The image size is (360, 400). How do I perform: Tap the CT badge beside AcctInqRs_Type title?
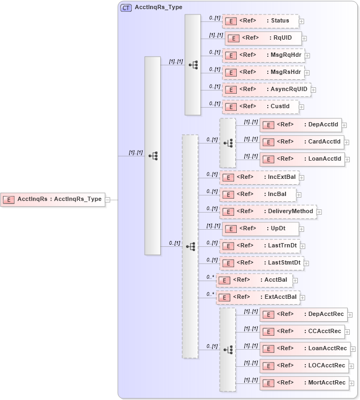coord(126,8)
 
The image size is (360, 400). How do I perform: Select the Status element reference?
coord(260,21)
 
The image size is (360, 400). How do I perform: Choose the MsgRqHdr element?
coord(263,55)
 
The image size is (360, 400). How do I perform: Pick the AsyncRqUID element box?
coord(266,89)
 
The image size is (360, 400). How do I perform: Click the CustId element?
coord(260,107)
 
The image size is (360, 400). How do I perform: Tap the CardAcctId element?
coord(301,142)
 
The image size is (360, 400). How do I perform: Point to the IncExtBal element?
coord(259,177)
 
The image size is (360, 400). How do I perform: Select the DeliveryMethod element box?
coord(268,212)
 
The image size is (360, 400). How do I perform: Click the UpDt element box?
coord(260,229)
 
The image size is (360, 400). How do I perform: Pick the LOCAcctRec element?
coord(304,366)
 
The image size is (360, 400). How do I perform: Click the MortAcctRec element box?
coord(304,383)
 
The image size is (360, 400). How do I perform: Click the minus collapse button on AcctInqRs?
coord(108,199)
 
